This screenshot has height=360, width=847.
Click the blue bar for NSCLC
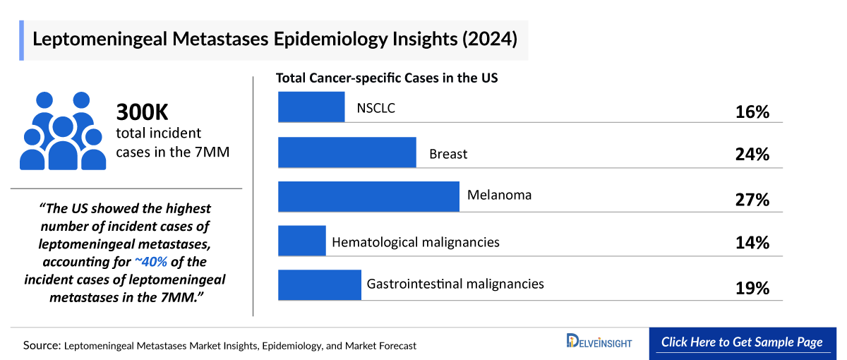point(311,107)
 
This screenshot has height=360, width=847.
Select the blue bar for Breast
point(347,152)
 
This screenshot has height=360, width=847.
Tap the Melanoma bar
point(368,196)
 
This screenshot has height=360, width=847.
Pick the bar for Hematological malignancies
point(302,241)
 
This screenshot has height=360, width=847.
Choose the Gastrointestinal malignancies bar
point(320,284)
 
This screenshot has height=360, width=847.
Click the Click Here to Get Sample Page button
point(742,342)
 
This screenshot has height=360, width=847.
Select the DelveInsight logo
point(599,342)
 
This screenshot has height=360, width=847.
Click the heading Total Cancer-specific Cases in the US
point(387,78)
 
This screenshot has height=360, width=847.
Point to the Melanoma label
point(499,194)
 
